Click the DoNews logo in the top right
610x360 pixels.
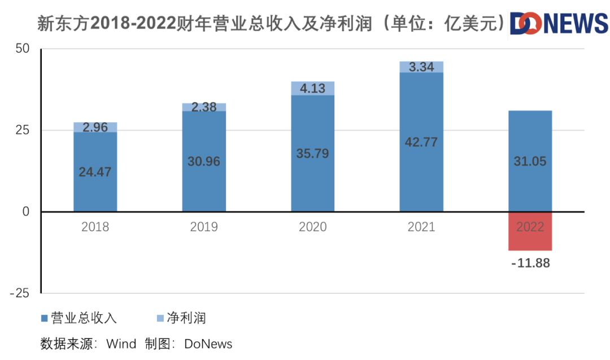(x=559, y=24)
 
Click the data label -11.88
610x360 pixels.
(x=530, y=263)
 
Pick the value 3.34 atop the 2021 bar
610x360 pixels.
(x=421, y=67)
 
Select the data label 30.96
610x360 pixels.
(x=204, y=162)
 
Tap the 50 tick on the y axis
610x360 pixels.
(x=22, y=49)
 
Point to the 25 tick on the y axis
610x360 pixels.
(x=22, y=131)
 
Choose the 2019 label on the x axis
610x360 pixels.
(x=204, y=227)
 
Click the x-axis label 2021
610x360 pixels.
(x=421, y=227)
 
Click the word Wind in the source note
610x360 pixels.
(x=121, y=344)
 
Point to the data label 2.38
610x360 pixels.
(x=204, y=107)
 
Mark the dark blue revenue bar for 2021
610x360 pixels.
(x=421, y=181)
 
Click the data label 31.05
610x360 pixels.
(x=530, y=162)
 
